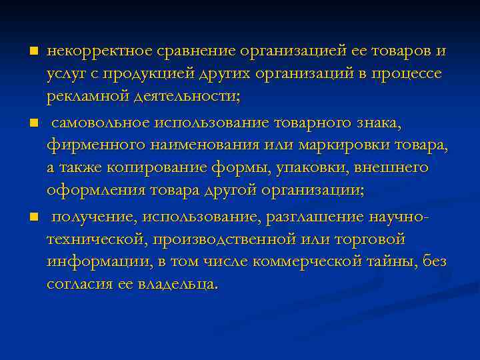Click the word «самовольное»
pos(101,123)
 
